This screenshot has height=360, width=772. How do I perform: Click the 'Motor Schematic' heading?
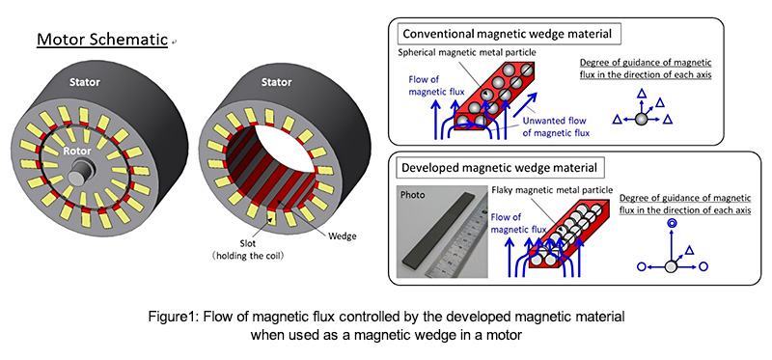coord(102,40)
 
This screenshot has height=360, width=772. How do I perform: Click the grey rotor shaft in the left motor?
coord(80,173)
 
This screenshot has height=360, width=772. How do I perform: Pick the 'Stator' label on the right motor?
coord(277,82)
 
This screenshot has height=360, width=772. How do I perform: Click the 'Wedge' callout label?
coord(342,235)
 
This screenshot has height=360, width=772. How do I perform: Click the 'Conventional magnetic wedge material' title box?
coord(508,34)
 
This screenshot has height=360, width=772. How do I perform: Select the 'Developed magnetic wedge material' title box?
coord(500,167)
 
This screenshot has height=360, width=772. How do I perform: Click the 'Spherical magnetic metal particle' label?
coord(468,52)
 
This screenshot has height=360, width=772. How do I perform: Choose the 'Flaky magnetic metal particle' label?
coord(552,189)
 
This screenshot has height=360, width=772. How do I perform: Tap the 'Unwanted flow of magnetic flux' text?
coord(556,126)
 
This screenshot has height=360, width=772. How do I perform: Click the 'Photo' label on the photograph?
coord(413,195)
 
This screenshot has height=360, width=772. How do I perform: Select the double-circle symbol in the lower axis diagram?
coord(670,224)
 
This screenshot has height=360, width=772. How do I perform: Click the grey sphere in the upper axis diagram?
coord(641,119)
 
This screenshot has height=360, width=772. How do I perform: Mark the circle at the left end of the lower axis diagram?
coord(641,266)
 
